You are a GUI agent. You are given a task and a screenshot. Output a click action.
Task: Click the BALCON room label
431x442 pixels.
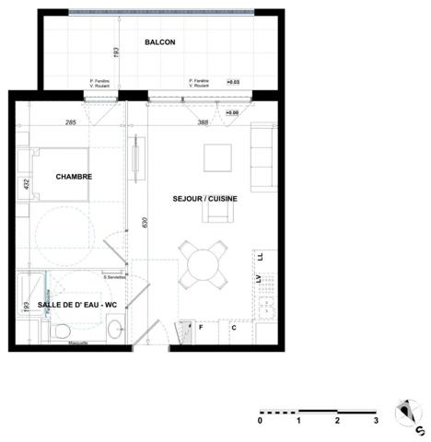160,43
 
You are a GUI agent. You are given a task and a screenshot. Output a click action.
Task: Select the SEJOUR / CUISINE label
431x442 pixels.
205,198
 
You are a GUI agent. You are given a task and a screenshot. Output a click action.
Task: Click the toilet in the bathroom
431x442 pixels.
63,331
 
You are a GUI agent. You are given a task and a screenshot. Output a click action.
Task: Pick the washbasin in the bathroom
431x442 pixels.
115,327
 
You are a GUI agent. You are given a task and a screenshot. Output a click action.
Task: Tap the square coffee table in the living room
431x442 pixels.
218,157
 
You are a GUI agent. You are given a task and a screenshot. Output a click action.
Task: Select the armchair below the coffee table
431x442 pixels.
219,212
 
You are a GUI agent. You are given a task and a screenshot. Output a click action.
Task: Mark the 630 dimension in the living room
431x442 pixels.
143,222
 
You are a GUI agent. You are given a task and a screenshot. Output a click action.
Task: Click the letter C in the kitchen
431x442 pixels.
234,327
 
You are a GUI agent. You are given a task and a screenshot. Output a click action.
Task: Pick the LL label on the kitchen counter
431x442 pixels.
259,257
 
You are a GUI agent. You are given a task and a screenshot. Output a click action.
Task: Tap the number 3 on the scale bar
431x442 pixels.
376,421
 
